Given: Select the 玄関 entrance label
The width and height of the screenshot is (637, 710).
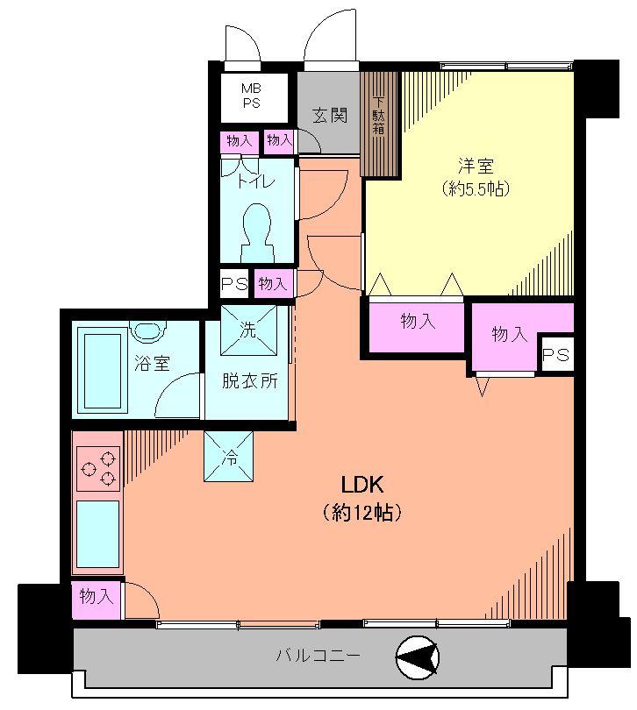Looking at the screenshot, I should (x=329, y=115).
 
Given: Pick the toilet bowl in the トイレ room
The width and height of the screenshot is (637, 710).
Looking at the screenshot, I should (x=259, y=230).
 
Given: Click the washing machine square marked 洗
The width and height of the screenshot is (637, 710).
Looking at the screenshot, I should (x=248, y=330).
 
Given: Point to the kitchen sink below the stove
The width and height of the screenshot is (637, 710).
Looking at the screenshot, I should (x=97, y=534).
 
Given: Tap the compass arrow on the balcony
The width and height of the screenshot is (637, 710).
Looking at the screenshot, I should (x=419, y=656).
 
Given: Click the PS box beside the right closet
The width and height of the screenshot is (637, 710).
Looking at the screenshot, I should (x=555, y=355).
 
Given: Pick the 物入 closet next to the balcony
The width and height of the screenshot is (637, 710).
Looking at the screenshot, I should (x=96, y=597).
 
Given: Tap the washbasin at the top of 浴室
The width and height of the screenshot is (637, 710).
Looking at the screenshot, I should (x=147, y=330).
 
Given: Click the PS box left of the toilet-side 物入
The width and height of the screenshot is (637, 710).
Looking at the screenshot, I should (x=233, y=283).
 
